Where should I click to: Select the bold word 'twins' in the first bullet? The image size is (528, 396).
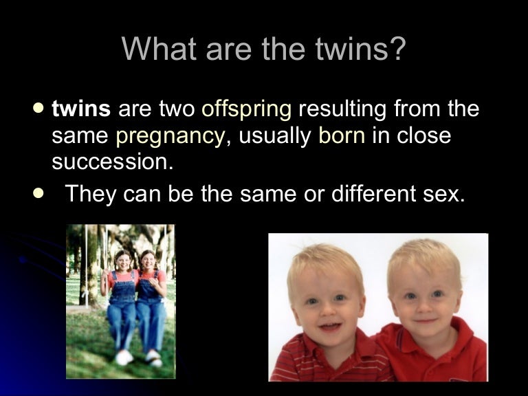81,109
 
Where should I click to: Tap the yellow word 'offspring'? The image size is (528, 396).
246,109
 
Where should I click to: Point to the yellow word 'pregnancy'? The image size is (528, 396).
170,135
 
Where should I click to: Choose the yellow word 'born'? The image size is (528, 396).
341,135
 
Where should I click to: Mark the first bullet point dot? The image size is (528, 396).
38,107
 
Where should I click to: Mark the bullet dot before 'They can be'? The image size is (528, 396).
38,193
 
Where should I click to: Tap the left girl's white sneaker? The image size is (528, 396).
124,357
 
